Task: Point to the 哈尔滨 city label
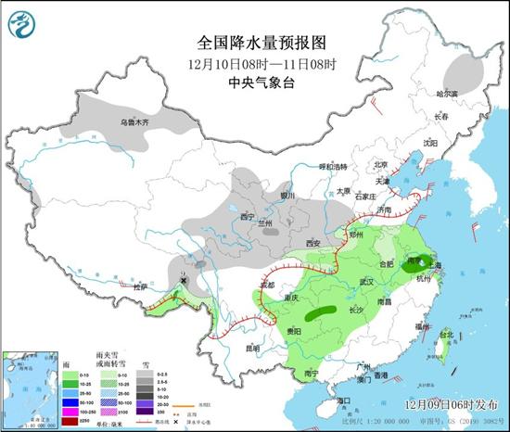point(448,94)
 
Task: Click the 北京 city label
point(378,165)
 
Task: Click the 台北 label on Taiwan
point(446,334)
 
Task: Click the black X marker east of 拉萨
point(185,279)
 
